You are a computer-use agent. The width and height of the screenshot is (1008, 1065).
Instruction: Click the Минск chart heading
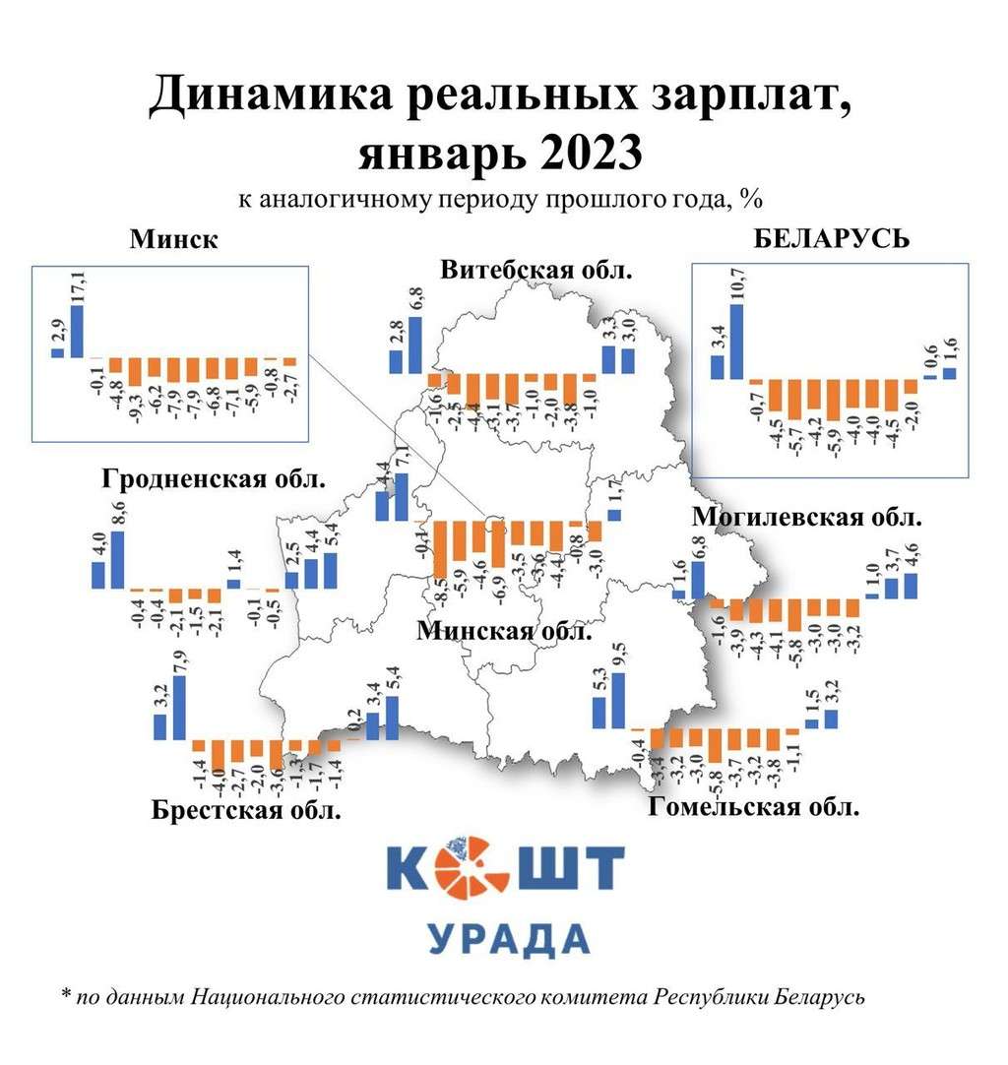(x=172, y=241)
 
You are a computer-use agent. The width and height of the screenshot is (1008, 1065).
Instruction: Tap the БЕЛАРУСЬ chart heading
(x=832, y=239)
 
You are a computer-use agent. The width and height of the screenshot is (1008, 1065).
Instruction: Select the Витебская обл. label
(x=535, y=271)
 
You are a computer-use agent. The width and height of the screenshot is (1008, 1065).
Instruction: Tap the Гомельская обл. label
(x=754, y=808)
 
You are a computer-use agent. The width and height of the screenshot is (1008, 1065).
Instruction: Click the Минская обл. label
(x=504, y=631)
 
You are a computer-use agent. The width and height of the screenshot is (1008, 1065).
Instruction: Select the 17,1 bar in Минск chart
(x=77, y=332)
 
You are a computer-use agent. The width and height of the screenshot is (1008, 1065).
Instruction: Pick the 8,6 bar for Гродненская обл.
(x=117, y=559)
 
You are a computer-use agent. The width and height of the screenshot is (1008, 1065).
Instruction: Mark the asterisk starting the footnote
(x=66, y=996)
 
